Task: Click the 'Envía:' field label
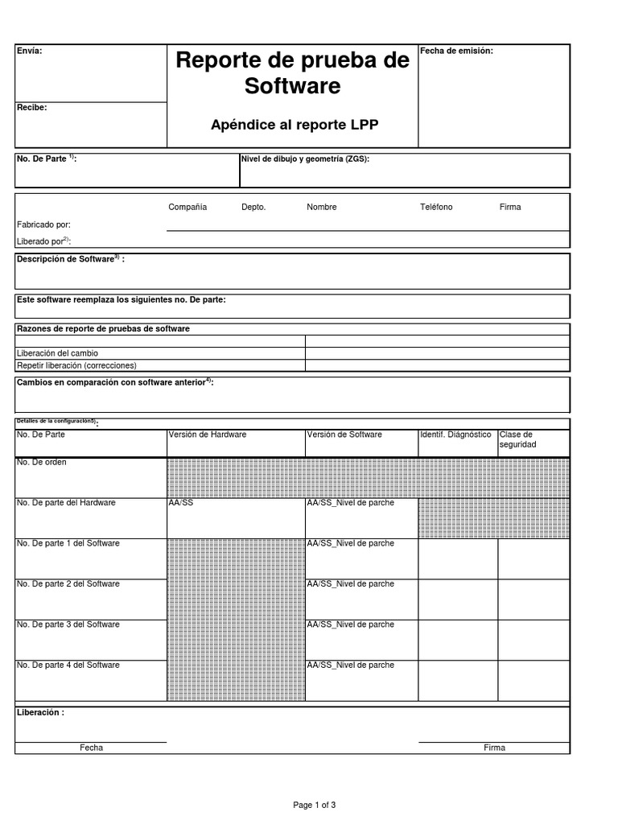point(29,51)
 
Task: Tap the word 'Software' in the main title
point(293,86)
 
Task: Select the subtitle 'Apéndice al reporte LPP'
point(294,125)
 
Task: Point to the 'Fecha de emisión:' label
point(456,51)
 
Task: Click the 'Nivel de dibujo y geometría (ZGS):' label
point(305,159)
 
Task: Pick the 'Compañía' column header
point(187,208)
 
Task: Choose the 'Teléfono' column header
point(436,208)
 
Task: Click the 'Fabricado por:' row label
point(43,225)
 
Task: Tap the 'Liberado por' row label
point(43,241)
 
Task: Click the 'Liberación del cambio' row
point(58,353)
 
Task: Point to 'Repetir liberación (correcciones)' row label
point(82,365)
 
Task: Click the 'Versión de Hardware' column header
point(208,435)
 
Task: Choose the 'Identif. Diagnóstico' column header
point(455,435)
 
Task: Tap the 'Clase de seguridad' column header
point(517,439)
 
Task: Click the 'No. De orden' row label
point(42,463)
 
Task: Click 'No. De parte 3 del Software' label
point(68,625)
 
